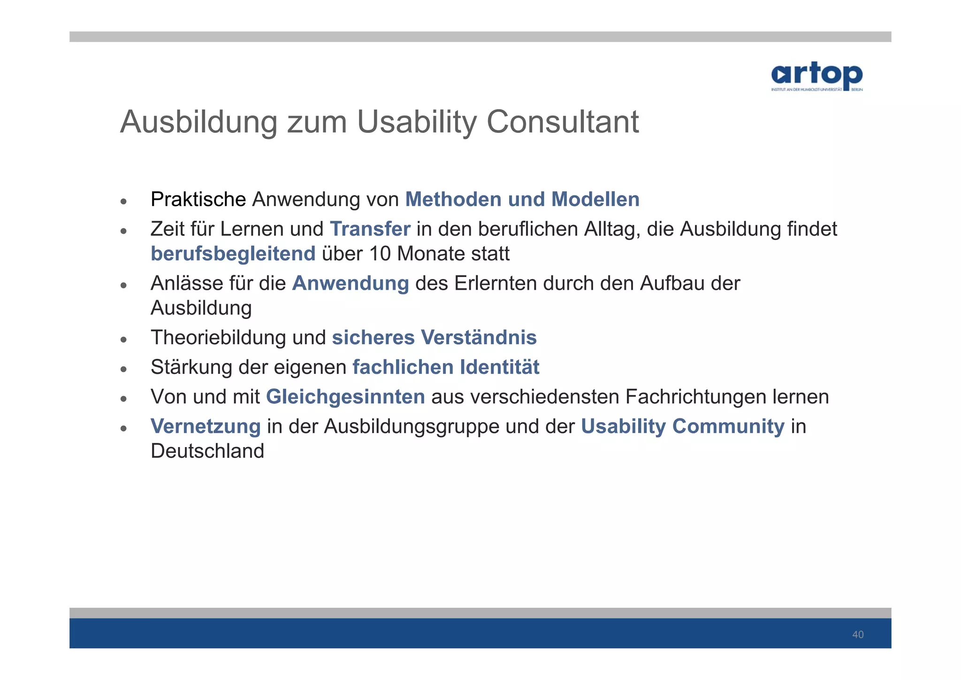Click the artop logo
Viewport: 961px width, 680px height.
click(x=816, y=76)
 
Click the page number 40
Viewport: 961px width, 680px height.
click(x=858, y=635)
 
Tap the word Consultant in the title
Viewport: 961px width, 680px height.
click(x=562, y=122)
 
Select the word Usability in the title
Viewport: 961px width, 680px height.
click(x=417, y=122)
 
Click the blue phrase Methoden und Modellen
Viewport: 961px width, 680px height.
click(x=522, y=200)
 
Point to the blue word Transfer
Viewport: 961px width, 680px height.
click(x=370, y=229)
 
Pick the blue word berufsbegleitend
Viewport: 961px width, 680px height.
click(x=233, y=254)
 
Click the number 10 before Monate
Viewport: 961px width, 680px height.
click(x=380, y=254)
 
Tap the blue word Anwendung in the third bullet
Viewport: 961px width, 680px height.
click(x=350, y=284)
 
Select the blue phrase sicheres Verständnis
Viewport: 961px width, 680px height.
click(x=434, y=338)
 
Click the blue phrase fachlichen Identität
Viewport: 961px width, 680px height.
click(x=445, y=367)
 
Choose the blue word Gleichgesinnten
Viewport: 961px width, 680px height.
click(x=345, y=397)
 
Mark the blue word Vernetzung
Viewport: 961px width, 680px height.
click(x=205, y=426)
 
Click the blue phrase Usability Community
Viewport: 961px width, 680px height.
click(x=682, y=426)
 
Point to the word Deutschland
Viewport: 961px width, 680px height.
click(x=207, y=451)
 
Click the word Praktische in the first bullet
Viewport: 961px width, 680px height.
click(x=198, y=200)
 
